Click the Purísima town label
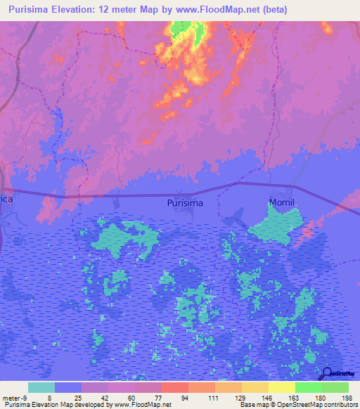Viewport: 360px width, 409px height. [x=186, y=203]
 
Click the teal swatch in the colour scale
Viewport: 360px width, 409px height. [x=41, y=387]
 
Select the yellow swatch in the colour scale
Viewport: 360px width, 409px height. [x=281, y=387]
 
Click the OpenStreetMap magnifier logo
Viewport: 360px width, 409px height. [x=325, y=374]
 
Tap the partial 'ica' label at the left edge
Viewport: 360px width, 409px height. [x=7, y=199]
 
